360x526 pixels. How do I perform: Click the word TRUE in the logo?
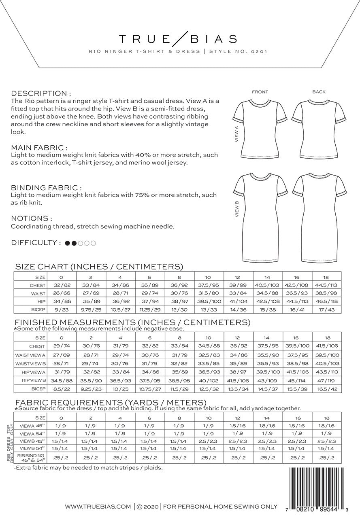[144, 39]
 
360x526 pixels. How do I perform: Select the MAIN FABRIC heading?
[39, 148]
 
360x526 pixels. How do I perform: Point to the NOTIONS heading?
[32, 218]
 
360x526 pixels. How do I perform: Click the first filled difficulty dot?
[68, 243]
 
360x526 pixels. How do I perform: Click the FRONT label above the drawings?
[260, 92]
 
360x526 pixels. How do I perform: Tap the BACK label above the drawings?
[319, 92]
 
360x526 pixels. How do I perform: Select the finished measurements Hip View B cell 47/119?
[327, 380]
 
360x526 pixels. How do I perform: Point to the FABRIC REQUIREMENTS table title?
[116, 402]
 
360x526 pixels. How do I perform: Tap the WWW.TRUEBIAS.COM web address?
[98, 506]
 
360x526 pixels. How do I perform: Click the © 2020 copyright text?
[148, 506]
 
